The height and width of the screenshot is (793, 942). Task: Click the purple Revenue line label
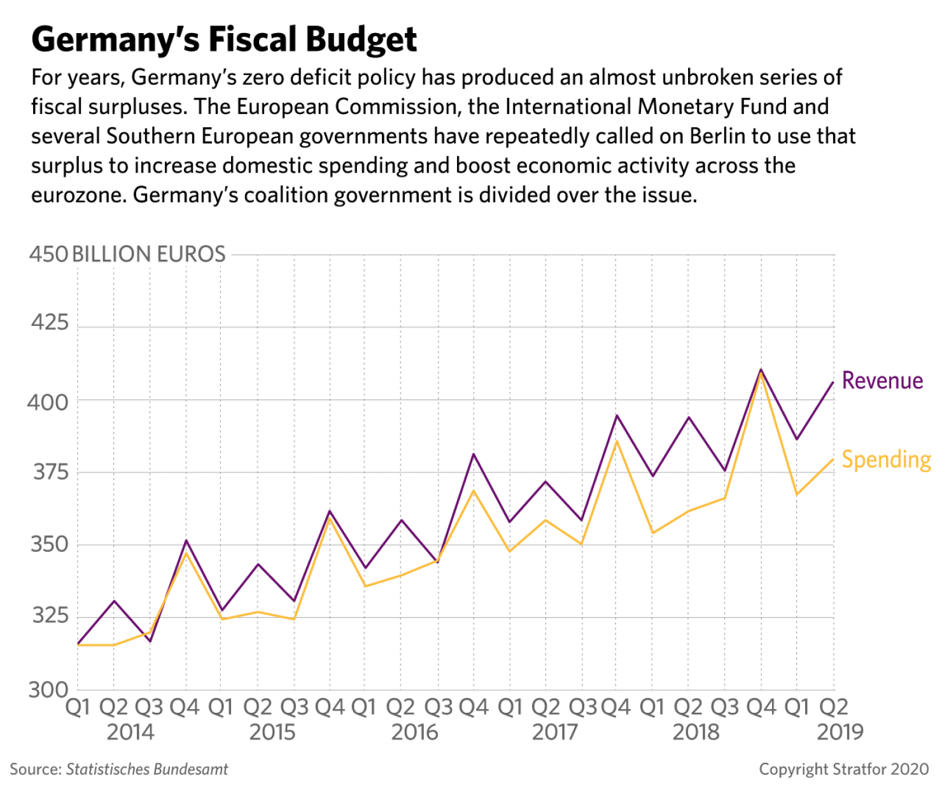pos(882,381)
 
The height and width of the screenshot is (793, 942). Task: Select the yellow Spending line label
pos(886,460)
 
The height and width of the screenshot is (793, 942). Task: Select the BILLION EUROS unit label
pos(149,255)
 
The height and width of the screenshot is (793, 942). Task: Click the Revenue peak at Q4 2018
pos(761,370)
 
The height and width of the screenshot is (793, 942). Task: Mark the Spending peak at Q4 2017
pos(616,440)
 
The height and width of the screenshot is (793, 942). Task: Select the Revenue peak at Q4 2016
pos(473,454)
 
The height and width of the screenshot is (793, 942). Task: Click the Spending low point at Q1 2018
pos(652,533)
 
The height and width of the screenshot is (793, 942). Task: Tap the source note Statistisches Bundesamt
pos(119,769)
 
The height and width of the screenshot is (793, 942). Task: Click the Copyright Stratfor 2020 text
pos(844,769)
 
